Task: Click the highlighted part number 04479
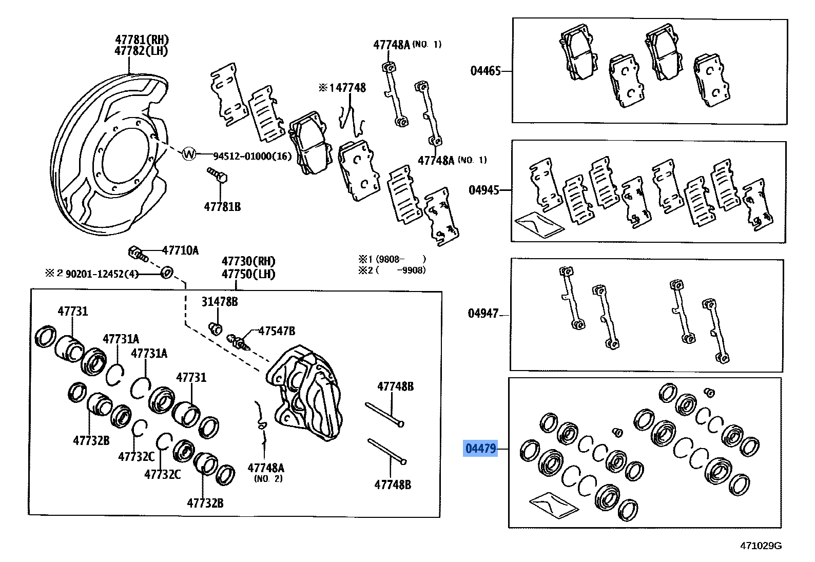click(x=480, y=449)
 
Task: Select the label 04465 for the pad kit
click(x=485, y=71)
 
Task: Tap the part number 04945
click(x=483, y=190)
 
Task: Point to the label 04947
click(x=483, y=313)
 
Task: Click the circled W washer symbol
click(x=189, y=153)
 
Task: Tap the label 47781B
click(x=222, y=207)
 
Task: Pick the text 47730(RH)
click(x=248, y=261)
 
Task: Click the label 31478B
click(x=219, y=302)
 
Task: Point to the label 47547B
click(x=276, y=332)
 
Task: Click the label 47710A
click(x=180, y=250)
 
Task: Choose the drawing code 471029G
click(x=761, y=546)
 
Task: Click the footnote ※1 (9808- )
click(x=392, y=259)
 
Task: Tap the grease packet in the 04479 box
click(x=553, y=505)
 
